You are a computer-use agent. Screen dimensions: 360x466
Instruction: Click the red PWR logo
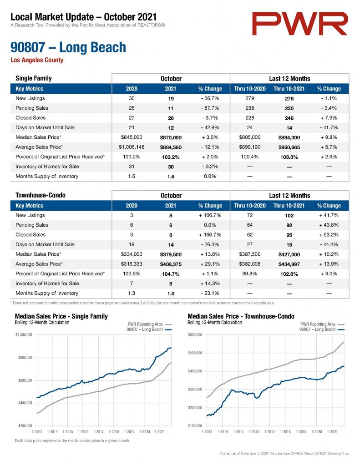(299, 24)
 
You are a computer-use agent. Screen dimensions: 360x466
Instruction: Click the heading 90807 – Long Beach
(68, 47)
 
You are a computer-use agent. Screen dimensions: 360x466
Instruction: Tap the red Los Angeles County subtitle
(37, 60)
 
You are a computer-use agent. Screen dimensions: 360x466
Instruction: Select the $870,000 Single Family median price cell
(171, 137)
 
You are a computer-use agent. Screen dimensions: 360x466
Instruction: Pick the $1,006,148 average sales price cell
(132, 147)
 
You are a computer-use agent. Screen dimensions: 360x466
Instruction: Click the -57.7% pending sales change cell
(210, 108)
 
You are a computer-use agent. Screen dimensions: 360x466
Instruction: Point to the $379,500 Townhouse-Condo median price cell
(171, 254)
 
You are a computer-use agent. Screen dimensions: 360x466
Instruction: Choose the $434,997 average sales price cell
(289, 264)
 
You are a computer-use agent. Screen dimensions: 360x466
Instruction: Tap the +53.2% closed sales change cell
(329, 235)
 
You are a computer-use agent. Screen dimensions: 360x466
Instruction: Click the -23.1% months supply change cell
(210, 294)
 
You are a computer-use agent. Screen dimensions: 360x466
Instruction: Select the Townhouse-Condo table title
(41, 195)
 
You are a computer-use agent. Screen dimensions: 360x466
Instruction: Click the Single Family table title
(34, 78)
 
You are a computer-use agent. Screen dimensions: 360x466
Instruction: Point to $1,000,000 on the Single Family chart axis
(24, 335)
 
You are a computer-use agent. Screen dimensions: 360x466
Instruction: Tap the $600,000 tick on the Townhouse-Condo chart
(195, 335)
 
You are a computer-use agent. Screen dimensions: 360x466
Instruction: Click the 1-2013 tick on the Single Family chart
(37, 431)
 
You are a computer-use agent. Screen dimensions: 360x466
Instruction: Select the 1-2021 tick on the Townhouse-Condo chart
(332, 431)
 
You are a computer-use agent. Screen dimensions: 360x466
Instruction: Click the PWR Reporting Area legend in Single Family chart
(150, 324)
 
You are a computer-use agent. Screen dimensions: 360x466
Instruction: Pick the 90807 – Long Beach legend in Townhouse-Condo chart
(322, 329)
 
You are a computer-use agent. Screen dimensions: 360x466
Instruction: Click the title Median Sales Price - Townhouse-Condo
(241, 317)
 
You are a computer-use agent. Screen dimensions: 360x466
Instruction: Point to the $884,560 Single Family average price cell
(171, 147)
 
